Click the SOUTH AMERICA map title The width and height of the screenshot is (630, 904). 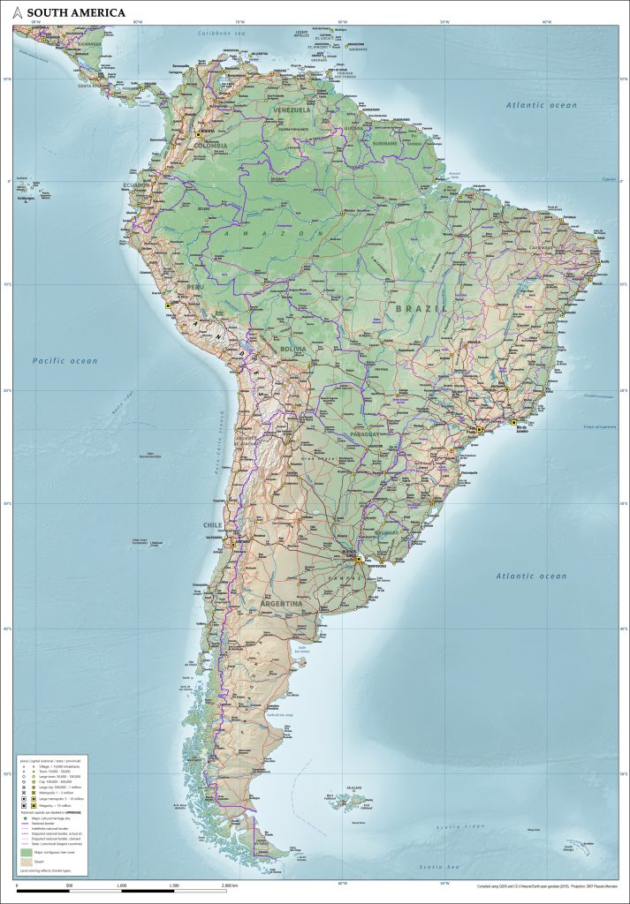(75, 12)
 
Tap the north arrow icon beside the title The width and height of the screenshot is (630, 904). (18, 12)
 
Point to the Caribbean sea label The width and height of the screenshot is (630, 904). (218, 33)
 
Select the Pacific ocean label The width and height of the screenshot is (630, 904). (65, 360)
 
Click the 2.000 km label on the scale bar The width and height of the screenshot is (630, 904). (231, 884)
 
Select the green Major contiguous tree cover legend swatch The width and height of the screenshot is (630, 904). (25, 854)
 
